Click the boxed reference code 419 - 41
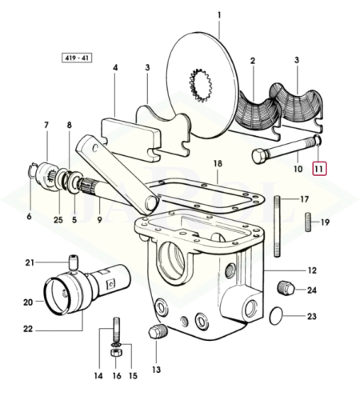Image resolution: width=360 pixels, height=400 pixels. point(77,58)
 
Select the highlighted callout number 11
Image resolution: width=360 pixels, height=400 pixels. point(319,169)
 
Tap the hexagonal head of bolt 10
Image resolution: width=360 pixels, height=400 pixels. point(258,156)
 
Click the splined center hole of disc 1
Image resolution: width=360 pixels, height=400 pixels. point(200,85)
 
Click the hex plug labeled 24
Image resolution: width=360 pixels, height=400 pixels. point(286,288)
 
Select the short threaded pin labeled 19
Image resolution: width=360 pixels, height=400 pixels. point(309,222)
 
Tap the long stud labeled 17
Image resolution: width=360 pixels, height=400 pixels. point(278,226)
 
